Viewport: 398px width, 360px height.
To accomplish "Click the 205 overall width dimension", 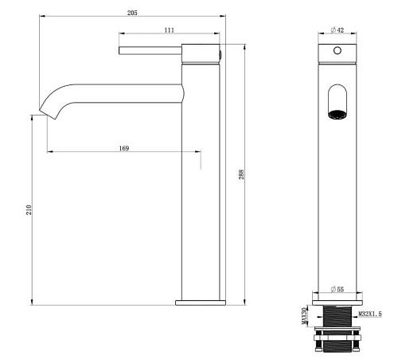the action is coord(132,13).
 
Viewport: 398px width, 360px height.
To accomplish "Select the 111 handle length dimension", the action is coord(170,30).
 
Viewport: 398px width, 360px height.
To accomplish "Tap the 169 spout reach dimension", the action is coord(124,148).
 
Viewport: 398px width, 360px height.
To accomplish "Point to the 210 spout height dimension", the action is coord(29,209).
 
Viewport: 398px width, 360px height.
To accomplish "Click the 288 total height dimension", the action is coord(241,174).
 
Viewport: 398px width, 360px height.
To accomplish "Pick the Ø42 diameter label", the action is coord(338,30).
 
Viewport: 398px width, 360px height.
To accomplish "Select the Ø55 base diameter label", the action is coord(338,289).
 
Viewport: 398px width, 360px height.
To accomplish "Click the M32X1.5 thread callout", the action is coord(370,314).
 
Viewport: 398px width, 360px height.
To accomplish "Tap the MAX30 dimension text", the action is coord(304,316).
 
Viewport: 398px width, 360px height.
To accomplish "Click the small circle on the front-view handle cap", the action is coord(338,50).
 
